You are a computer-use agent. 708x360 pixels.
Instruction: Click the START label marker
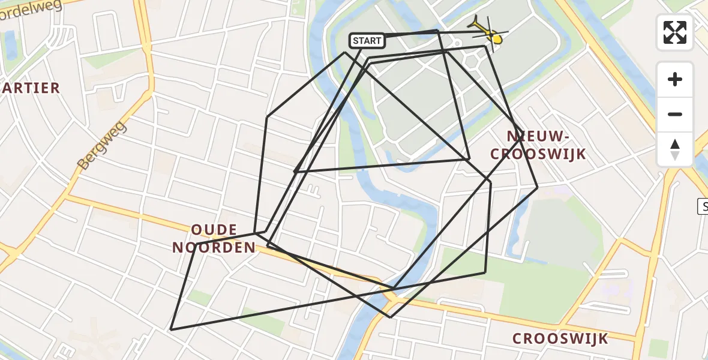[367, 41]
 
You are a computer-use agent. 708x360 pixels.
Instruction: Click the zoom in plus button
[675, 79]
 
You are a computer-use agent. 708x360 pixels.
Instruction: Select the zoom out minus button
[675, 115]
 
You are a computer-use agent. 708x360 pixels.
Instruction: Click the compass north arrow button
[675, 149]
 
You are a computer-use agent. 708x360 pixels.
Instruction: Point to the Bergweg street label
[101, 145]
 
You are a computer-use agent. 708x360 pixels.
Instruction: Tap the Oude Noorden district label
[214, 239]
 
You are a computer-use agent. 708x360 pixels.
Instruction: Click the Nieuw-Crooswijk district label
[538, 145]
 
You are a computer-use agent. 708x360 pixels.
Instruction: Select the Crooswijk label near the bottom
[560, 338]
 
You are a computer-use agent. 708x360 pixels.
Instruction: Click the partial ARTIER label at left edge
[30, 88]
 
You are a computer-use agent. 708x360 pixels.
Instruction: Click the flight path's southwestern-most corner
[172, 329]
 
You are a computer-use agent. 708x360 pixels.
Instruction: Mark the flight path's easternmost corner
[537, 187]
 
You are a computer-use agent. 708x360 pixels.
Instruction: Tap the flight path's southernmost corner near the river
[390, 317]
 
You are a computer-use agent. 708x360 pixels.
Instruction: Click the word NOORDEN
[214, 247]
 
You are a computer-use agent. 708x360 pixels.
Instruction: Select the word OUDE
[214, 230]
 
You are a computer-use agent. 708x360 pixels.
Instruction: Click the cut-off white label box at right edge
[703, 207]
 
